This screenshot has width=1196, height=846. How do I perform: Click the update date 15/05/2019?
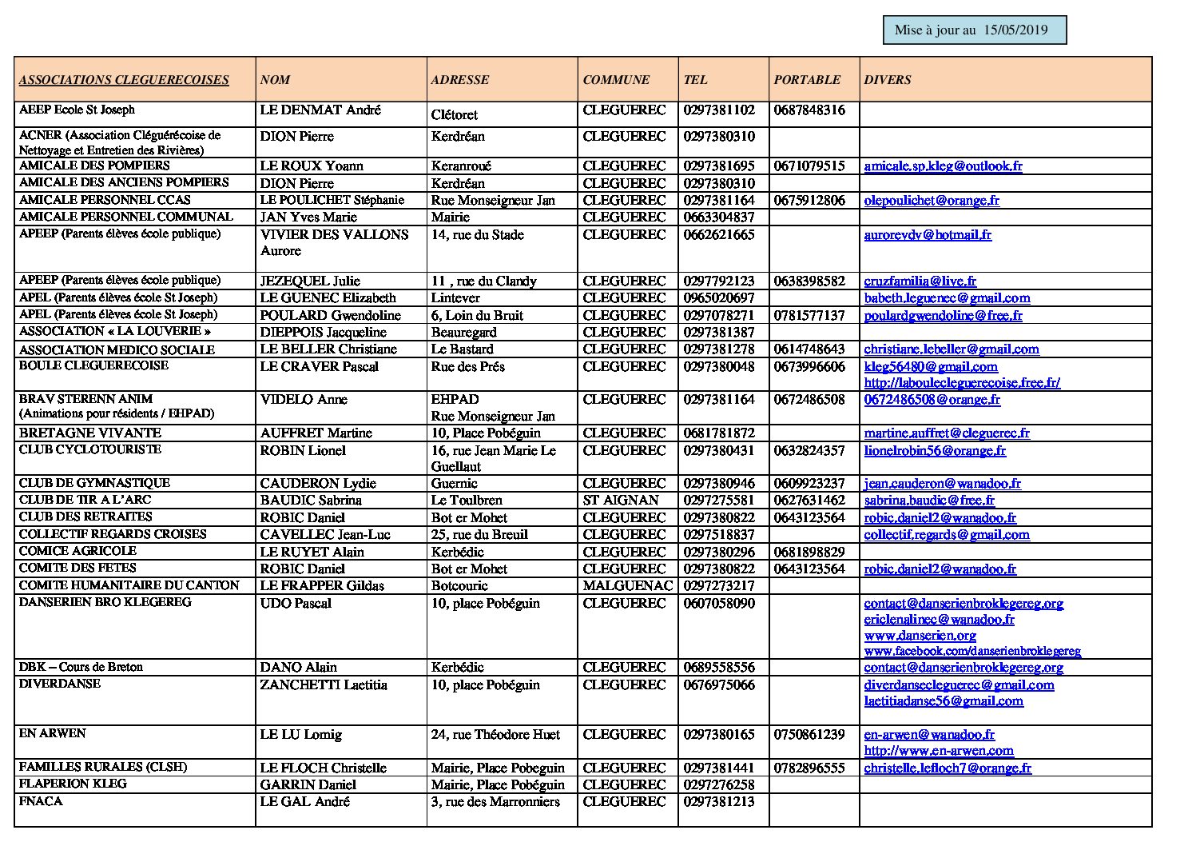coord(1015,30)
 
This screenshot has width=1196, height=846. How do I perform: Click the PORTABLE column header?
coord(807,80)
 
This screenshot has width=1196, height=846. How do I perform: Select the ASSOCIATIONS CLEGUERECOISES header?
coord(124,80)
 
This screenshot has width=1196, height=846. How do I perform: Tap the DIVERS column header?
coord(888,80)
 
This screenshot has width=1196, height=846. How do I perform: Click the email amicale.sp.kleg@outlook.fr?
coord(943,166)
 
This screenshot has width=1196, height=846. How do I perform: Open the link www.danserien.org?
coord(920,636)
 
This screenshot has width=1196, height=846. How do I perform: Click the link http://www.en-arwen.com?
coord(938,751)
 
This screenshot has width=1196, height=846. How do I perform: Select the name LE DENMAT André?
coord(320,110)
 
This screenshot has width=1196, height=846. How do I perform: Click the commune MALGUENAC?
coord(628,586)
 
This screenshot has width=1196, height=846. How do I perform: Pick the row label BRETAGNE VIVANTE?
coord(90,433)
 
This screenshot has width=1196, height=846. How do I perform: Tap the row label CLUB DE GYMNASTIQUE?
coord(94,483)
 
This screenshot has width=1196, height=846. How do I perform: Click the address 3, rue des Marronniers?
coord(495,802)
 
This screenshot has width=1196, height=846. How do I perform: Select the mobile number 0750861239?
coord(809,735)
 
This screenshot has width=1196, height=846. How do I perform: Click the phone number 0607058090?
coord(719,604)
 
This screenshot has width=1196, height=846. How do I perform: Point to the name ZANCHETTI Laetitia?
coord(324,685)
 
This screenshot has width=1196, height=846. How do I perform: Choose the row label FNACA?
coord(41,801)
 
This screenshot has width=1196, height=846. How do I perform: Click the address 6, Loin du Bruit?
coord(477,316)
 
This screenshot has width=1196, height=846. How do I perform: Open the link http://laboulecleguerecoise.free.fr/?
coord(962,383)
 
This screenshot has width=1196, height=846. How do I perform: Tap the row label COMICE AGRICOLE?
coord(77,551)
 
